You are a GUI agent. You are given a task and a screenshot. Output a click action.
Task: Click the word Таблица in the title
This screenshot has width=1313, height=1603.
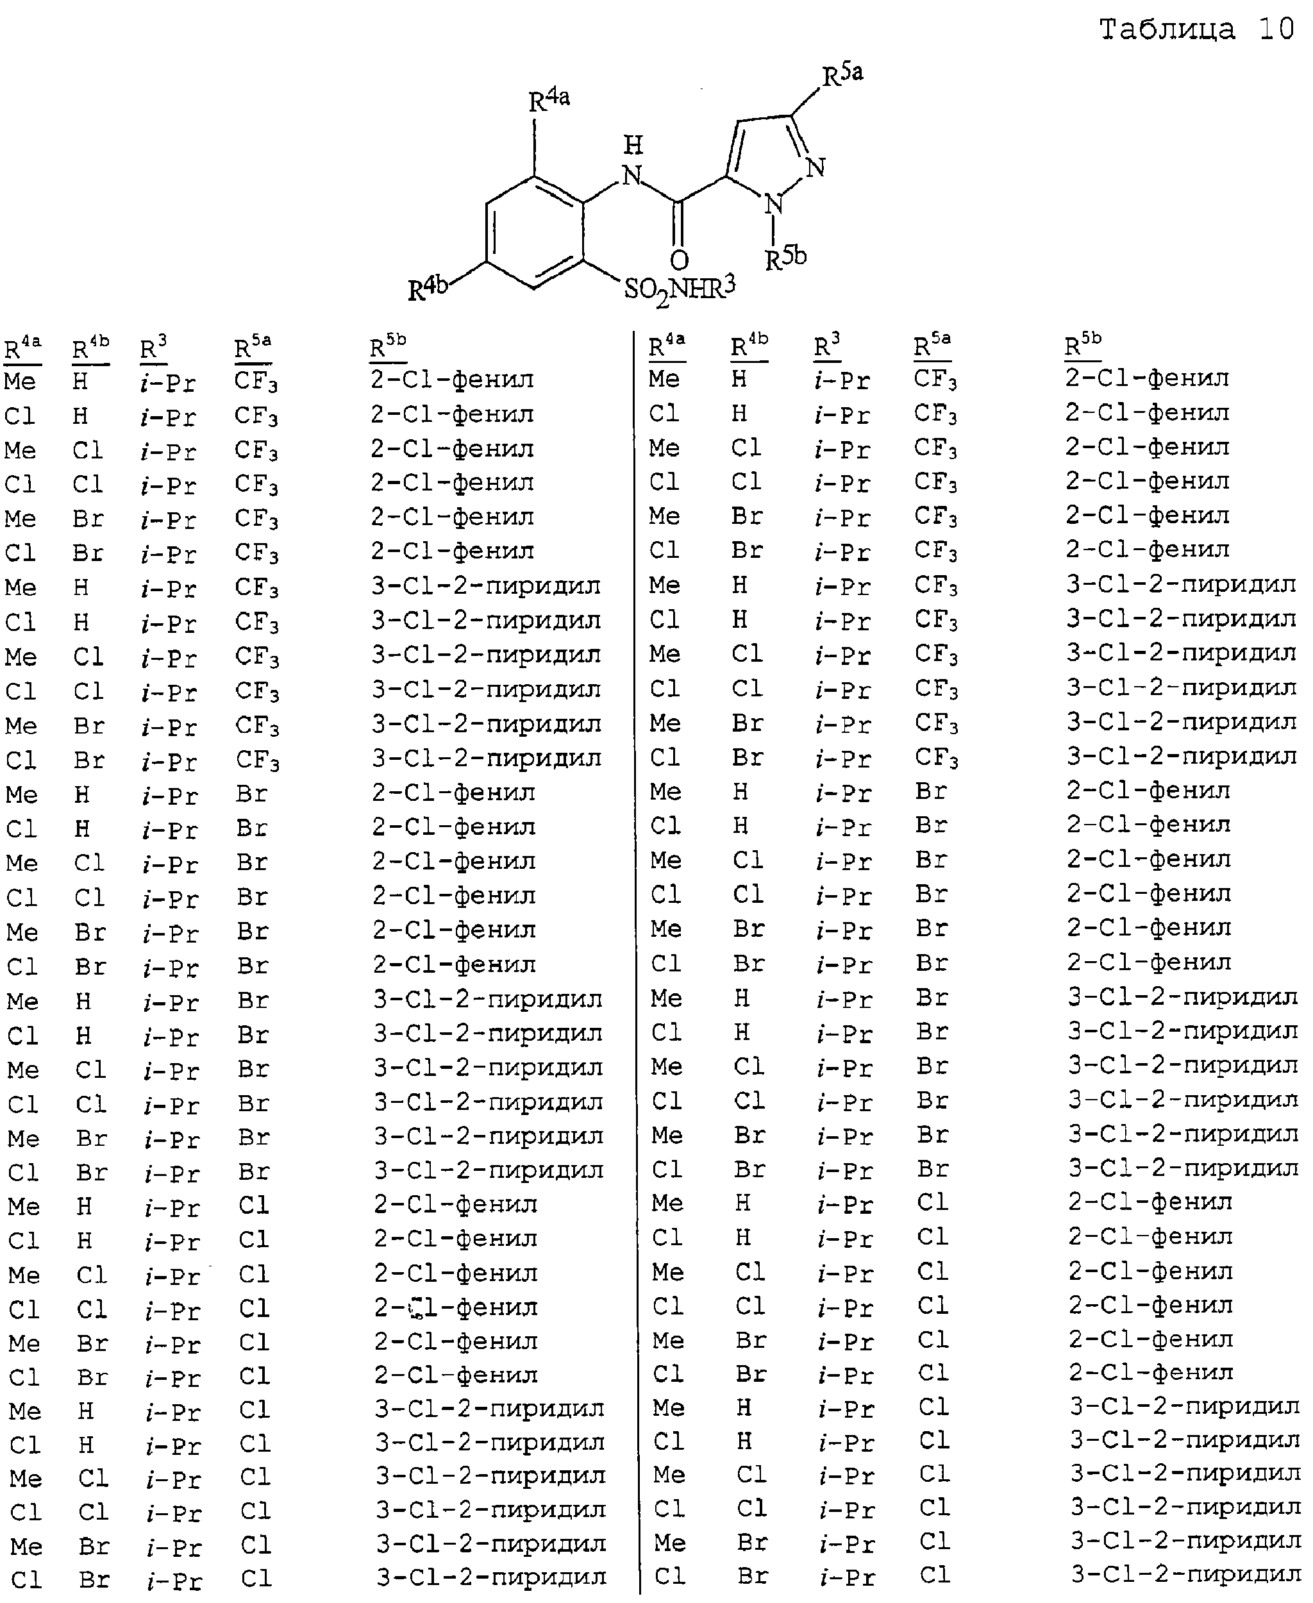(x=1167, y=29)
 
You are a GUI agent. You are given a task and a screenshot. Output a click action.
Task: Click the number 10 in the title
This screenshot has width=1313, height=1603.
(x=1276, y=29)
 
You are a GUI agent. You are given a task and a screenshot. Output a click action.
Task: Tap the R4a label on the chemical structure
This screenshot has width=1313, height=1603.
(x=549, y=100)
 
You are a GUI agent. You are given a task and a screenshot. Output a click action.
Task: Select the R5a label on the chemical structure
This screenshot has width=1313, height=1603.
(x=842, y=74)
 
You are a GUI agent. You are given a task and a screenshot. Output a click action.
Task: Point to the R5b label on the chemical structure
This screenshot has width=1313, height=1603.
(x=786, y=258)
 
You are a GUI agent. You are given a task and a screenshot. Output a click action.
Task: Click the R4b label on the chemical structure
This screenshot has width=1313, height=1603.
(x=428, y=289)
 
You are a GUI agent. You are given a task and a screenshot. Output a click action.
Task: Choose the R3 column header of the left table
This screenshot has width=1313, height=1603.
(x=153, y=348)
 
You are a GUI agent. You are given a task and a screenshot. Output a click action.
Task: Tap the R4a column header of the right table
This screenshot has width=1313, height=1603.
(x=667, y=346)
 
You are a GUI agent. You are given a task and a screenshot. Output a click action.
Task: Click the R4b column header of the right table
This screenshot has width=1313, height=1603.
(x=749, y=346)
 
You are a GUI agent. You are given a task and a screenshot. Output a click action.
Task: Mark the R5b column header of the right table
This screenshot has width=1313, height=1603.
(x=1083, y=346)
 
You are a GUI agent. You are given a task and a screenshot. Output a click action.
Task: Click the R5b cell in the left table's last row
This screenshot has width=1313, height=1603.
(x=492, y=1577)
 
